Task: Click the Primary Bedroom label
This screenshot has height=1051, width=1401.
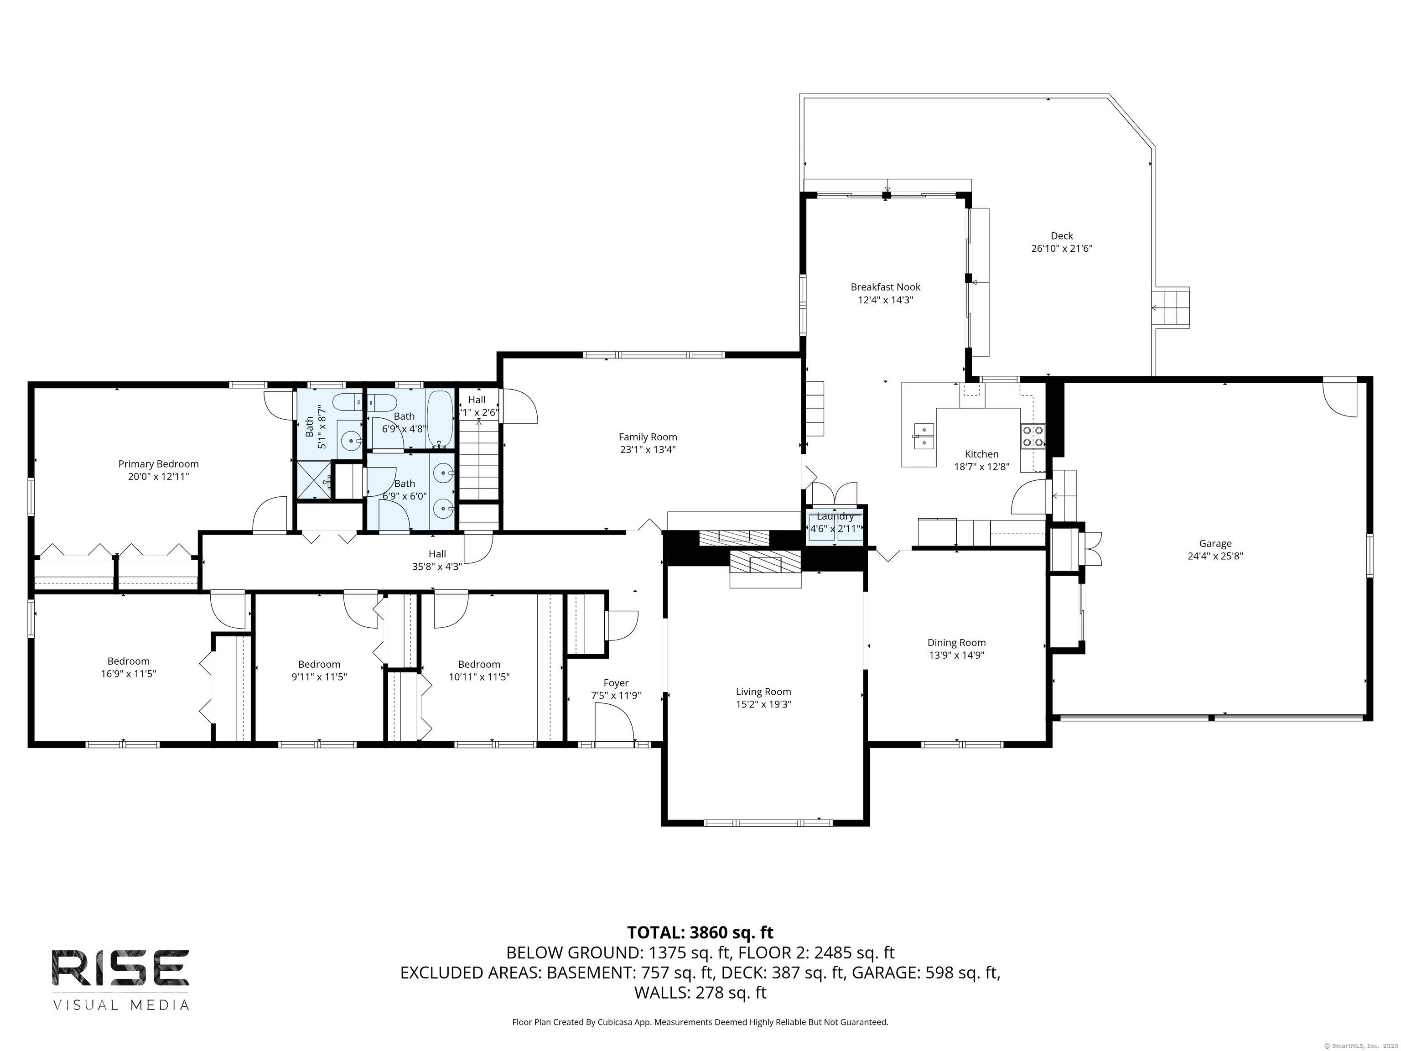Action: point(158,464)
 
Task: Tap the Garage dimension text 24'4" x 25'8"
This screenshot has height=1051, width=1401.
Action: point(1215,556)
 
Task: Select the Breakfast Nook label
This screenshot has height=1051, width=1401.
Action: point(886,287)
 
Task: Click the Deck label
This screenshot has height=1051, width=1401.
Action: point(1062,236)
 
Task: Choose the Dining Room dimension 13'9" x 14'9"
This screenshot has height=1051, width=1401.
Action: point(956,655)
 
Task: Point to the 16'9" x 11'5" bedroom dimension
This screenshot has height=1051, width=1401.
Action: point(128,673)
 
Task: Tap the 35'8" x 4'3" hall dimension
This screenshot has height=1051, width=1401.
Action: point(437,567)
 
